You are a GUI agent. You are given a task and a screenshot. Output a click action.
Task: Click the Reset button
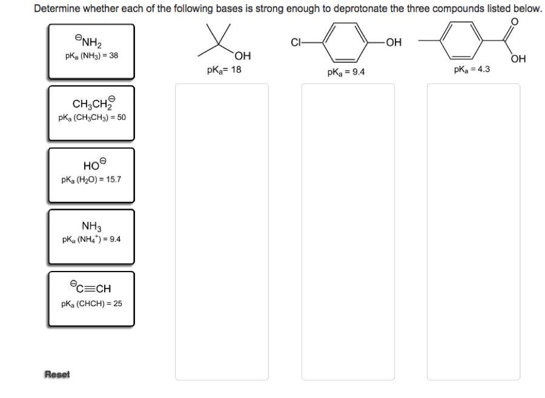[58, 374]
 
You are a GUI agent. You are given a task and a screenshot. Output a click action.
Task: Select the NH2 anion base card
[91, 51]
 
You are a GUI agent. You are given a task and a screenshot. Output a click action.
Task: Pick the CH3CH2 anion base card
[91, 112]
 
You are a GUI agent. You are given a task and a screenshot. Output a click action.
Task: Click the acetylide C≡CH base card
[91, 298]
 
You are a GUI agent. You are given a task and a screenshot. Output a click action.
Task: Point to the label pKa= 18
[224, 70]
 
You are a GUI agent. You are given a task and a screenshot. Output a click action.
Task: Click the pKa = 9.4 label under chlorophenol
[345, 73]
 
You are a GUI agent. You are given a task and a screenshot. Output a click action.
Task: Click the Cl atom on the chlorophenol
[297, 42]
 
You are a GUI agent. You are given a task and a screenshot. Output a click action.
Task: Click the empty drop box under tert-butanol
[222, 232]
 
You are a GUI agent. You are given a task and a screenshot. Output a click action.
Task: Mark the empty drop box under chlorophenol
[348, 232]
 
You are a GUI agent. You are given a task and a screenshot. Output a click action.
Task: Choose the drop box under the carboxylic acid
[473, 232]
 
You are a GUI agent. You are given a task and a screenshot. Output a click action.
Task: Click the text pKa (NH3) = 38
[91, 56]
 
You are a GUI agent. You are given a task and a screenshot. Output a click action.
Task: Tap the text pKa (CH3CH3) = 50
[92, 117]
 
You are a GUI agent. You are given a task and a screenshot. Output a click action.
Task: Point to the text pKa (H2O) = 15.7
[91, 180]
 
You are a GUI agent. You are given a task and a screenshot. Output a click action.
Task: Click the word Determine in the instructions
[56, 9]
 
